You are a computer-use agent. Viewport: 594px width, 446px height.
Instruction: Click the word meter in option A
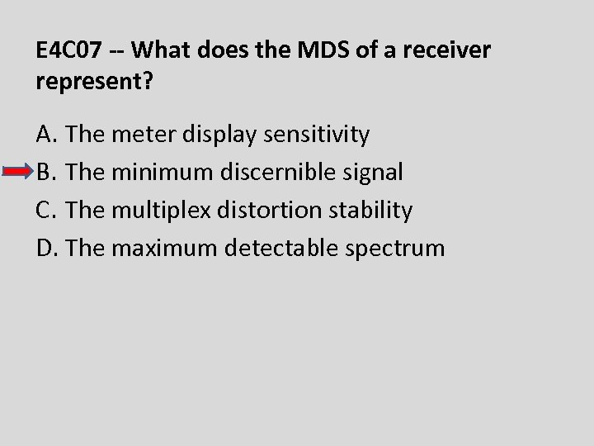137,133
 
